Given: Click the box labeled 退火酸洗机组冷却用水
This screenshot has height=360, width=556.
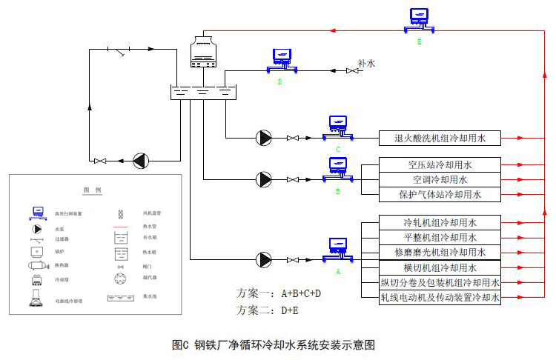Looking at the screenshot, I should (440, 137).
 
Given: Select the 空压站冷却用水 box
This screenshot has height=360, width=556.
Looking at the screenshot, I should (440, 164).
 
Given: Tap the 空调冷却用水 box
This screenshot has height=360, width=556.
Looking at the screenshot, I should (440, 179).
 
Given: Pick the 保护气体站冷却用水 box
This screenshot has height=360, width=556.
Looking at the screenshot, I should (440, 195).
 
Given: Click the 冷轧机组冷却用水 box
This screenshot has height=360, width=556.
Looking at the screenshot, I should (440, 222).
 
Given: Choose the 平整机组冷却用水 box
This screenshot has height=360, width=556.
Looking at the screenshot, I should (440, 237).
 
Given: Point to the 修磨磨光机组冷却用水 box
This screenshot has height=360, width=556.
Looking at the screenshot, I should (440, 253).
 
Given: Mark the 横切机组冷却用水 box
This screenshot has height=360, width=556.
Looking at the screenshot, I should (440, 267).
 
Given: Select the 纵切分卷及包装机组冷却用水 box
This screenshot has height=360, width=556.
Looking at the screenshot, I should (440, 283).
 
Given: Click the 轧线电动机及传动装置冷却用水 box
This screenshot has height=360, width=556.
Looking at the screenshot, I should (440, 298).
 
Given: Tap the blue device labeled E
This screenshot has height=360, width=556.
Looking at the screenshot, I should (419, 20).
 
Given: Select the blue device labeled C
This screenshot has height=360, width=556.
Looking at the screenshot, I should (338, 127).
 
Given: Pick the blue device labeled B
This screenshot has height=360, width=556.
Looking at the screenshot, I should (338, 170).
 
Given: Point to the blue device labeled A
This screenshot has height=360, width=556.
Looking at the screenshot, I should (338, 250).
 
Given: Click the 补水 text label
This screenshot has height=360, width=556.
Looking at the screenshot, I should (366, 64).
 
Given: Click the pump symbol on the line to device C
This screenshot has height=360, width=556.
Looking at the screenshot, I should (263, 137).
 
